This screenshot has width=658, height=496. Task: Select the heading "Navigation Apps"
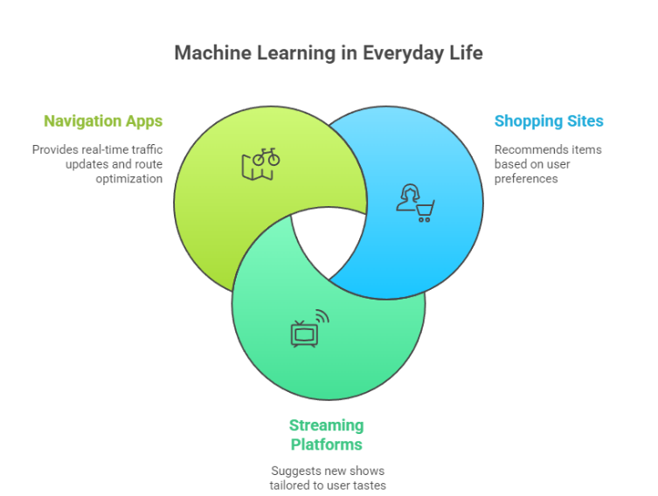(x=103, y=121)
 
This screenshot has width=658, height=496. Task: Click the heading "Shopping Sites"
(x=549, y=121)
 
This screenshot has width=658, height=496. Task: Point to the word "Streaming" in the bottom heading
(x=327, y=425)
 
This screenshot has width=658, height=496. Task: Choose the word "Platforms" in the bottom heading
(x=327, y=444)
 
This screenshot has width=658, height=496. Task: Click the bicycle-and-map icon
(x=260, y=163)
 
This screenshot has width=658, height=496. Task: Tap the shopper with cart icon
(x=415, y=203)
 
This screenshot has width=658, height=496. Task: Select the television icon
(x=304, y=333)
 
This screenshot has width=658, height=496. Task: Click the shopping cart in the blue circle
(x=425, y=210)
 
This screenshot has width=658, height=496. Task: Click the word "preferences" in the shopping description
(x=526, y=178)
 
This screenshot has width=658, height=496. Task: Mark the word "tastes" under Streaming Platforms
(x=369, y=485)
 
